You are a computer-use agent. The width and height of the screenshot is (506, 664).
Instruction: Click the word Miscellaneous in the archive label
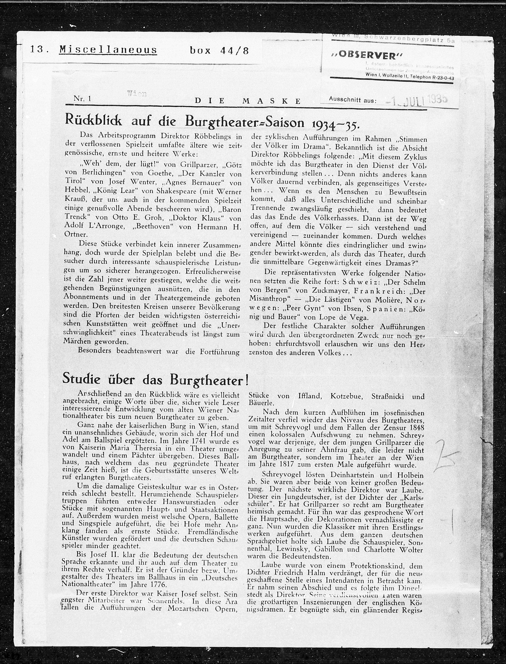coord(108,50)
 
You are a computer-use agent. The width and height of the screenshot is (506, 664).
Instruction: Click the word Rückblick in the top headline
coord(94,121)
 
